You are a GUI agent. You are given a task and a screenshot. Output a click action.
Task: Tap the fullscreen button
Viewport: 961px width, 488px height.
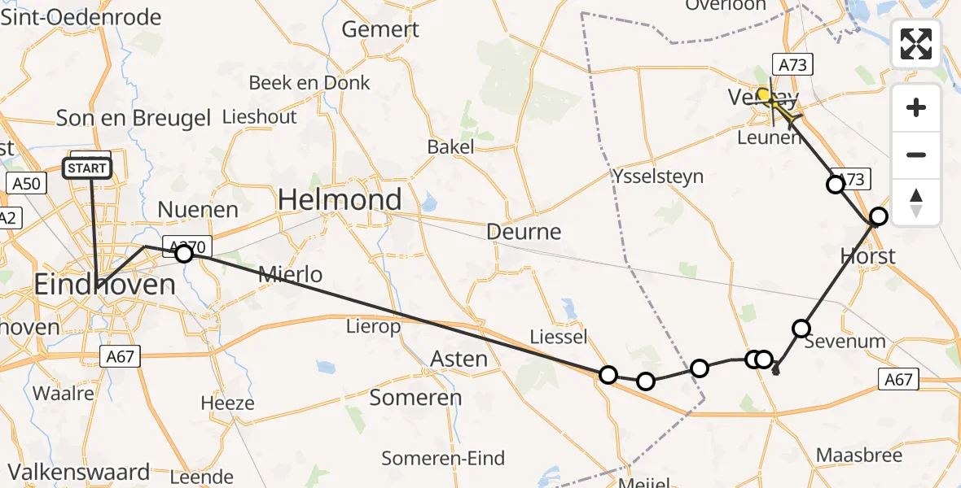tap(916, 44)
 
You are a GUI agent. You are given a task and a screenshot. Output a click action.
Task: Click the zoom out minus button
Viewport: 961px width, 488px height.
tap(916, 155)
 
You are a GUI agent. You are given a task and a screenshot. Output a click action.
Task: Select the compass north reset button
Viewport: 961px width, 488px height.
tap(916, 202)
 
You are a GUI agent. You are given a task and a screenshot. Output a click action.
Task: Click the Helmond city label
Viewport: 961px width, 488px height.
tap(340, 199)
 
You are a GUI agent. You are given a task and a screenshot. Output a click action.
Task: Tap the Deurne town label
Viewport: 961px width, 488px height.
tap(524, 232)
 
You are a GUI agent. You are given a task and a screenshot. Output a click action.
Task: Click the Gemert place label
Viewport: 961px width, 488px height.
tap(380, 30)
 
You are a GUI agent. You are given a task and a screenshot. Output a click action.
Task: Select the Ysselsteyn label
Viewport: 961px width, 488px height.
tap(658, 176)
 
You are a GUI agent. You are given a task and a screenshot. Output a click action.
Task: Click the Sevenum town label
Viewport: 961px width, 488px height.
tap(845, 341)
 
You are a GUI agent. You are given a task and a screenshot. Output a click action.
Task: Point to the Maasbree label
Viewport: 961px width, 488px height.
tap(859, 455)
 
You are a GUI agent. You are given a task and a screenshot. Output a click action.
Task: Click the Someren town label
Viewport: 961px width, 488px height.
tap(415, 398)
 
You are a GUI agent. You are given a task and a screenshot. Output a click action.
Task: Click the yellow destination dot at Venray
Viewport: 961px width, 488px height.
tap(764, 95)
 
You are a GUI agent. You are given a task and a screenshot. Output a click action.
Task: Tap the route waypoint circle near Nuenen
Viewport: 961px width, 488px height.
tap(184, 254)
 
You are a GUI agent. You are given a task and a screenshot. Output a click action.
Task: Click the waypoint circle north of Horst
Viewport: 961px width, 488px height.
tap(878, 216)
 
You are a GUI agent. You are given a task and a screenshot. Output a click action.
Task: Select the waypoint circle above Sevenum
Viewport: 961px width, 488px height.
tap(801, 328)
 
